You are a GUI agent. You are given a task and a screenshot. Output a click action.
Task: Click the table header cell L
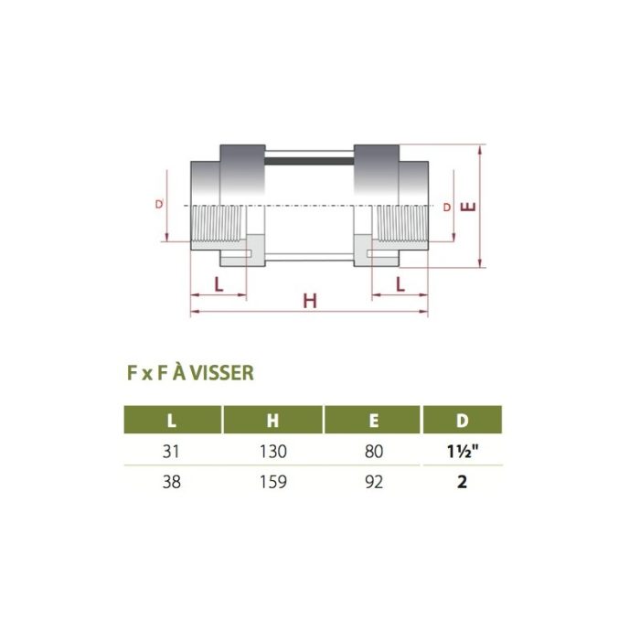(x=173, y=421)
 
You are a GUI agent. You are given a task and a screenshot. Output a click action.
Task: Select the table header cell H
(x=272, y=421)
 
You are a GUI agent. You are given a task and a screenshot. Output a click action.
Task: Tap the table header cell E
(x=372, y=421)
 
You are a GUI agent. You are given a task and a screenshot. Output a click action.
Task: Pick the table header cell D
(x=462, y=421)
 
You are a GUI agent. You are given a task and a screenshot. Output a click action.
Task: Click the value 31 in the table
(x=173, y=451)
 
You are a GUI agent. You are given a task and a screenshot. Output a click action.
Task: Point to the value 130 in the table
(x=272, y=451)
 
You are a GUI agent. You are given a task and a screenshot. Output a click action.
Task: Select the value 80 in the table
(x=372, y=451)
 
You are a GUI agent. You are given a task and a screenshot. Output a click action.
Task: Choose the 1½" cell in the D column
(x=462, y=451)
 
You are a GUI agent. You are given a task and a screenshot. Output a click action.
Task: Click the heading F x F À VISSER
(x=190, y=373)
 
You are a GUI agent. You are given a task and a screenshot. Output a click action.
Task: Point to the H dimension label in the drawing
(x=309, y=301)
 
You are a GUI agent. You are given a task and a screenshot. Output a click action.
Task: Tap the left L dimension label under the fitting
(x=218, y=283)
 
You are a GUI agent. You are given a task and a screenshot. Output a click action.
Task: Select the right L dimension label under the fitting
(x=400, y=283)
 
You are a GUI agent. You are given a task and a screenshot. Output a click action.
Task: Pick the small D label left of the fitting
(x=159, y=206)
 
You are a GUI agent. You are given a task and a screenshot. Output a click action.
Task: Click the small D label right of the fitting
(x=447, y=208)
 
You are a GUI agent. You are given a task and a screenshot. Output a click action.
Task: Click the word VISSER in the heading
(x=224, y=373)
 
